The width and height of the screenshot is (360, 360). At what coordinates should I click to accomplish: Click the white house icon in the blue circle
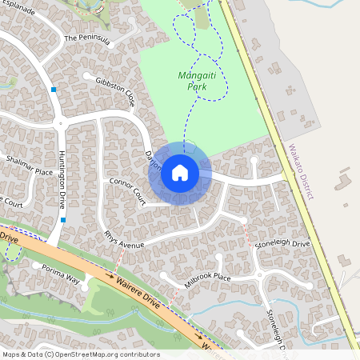[180, 173]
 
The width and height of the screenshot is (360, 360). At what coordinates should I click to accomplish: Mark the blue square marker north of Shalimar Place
[53, 90]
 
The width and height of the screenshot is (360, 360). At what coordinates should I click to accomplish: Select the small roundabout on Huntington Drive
[60, 122]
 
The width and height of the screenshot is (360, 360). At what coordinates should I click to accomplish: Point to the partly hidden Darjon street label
[153, 161]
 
